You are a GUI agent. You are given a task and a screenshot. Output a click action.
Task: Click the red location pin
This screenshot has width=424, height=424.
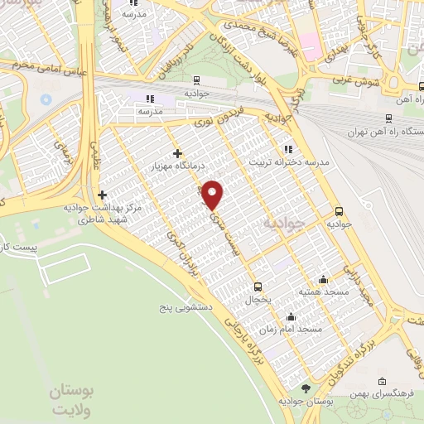[214, 195]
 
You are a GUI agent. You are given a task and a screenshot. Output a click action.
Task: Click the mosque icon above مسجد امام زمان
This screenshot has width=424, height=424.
[291, 316]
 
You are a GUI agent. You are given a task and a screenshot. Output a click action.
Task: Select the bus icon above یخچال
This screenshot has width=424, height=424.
[258, 286]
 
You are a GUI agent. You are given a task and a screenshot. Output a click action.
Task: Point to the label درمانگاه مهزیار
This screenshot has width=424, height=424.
[178, 168]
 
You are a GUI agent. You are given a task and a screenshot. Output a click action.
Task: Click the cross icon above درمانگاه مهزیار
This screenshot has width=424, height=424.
[178, 153]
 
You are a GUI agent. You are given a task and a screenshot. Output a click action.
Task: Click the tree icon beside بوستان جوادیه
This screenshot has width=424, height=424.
[306, 388]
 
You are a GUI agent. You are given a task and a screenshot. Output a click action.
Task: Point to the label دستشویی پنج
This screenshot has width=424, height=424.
[188, 307]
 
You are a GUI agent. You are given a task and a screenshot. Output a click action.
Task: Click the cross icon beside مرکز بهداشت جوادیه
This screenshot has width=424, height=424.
[102, 195]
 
